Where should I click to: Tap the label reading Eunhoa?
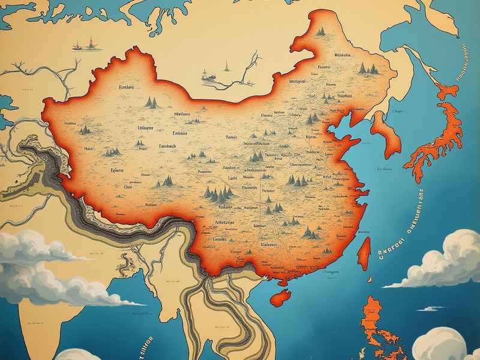126,88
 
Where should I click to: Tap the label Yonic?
232,137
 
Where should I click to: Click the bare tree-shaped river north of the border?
246,69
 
